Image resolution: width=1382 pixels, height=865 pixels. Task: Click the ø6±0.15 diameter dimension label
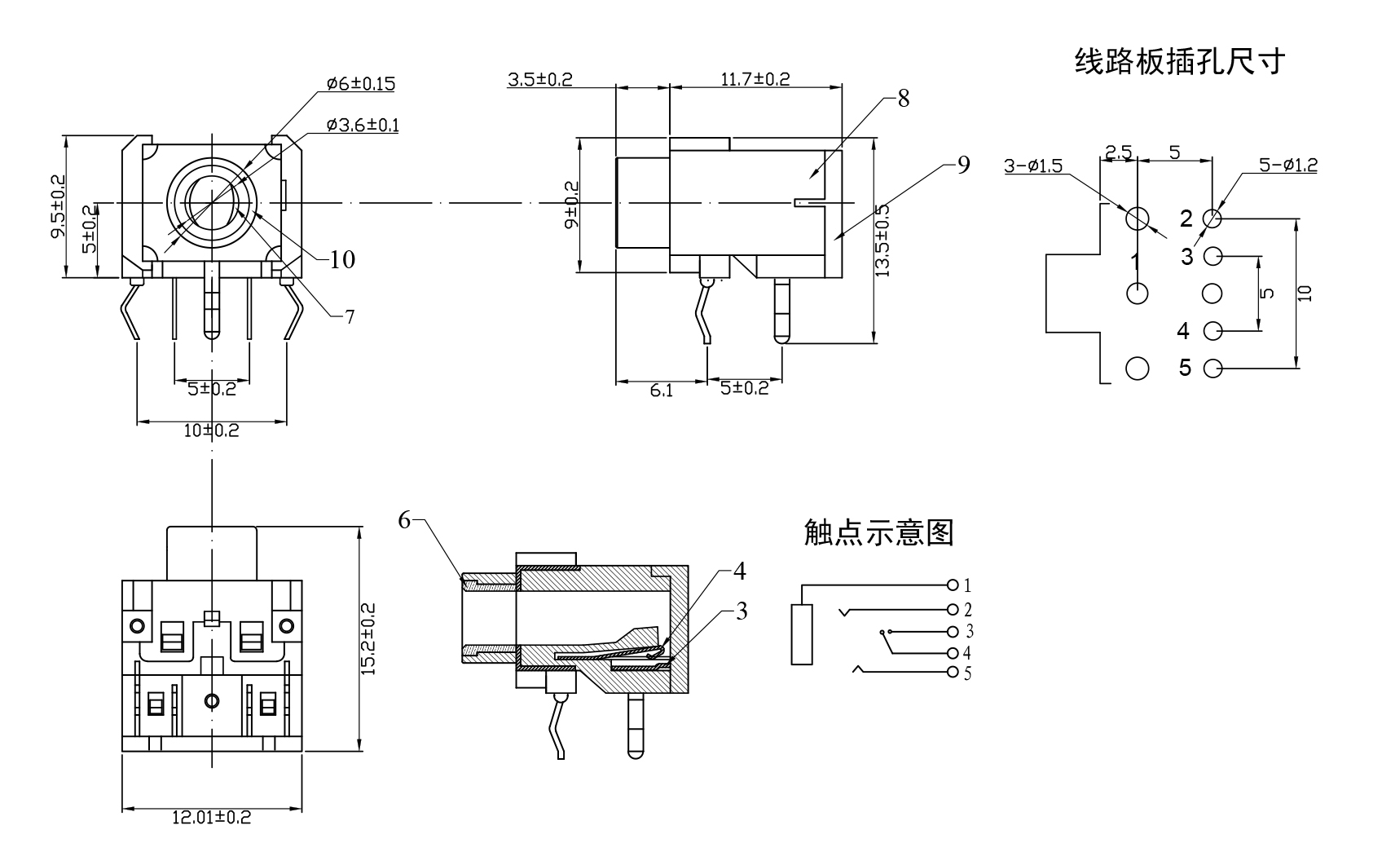pyautogui.click(x=360, y=83)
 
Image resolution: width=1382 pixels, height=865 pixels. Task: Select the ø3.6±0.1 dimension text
pyautogui.click(x=363, y=125)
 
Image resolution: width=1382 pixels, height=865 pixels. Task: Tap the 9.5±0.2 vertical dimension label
pyautogui.click(x=59, y=205)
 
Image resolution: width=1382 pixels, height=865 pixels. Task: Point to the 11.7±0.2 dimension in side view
pyautogui.click(x=755, y=79)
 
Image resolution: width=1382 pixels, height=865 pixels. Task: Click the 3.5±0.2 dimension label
pyautogui.click(x=539, y=79)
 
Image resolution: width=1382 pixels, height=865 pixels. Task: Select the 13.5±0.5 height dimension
pyautogui.click(x=883, y=241)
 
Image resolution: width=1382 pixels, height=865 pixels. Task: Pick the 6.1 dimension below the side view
pyautogui.click(x=662, y=391)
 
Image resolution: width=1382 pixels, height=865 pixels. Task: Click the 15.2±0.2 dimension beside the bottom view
pyautogui.click(x=368, y=638)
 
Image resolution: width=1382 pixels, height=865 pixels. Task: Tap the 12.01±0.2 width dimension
pyautogui.click(x=211, y=818)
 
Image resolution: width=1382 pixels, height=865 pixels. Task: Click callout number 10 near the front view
pyautogui.click(x=342, y=259)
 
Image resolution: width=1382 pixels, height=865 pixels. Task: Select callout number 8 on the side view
pyautogui.click(x=903, y=99)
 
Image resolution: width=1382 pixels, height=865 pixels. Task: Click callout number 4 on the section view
pyautogui.click(x=739, y=572)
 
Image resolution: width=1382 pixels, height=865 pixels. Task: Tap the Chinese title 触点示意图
pyautogui.click(x=878, y=532)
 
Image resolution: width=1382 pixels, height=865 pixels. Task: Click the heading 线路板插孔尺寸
pyautogui.click(x=1179, y=61)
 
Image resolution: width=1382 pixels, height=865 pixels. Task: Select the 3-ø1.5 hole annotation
pyautogui.click(x=1033, y=166)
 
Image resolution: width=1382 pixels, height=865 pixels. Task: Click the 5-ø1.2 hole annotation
pyautogui.click(x=1287, y=165)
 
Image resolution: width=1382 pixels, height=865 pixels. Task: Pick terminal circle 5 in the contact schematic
pyautogui.click(x=952, y=673)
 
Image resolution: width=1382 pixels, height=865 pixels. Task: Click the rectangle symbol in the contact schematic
pyautogui.click(x=802, y=634)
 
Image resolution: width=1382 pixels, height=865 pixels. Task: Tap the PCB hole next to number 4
pyautogui.click(x=1213, y=331)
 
